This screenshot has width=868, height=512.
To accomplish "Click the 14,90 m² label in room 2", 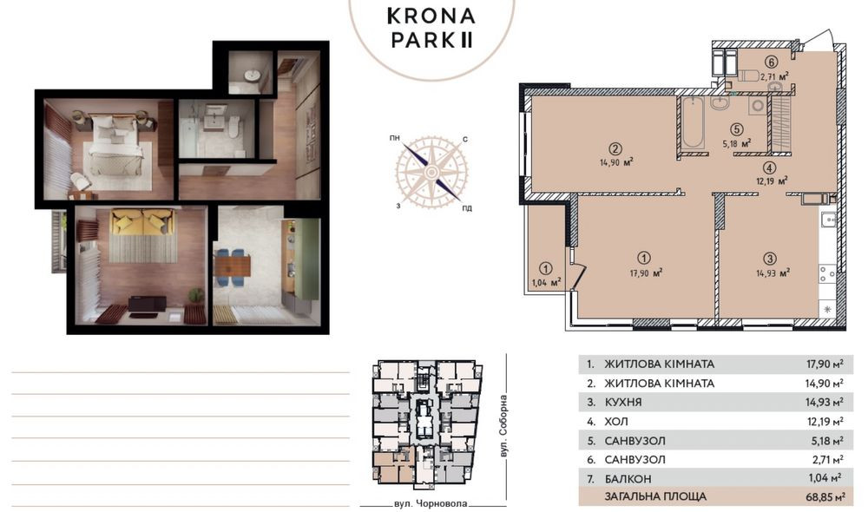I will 616,161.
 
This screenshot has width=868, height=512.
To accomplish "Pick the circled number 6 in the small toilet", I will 771,62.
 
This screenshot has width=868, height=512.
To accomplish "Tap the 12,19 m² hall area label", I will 770,181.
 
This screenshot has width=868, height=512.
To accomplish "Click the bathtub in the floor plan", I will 691,123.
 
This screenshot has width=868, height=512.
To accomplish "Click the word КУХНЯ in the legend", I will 622,402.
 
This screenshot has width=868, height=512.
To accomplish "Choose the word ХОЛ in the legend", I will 615,421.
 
